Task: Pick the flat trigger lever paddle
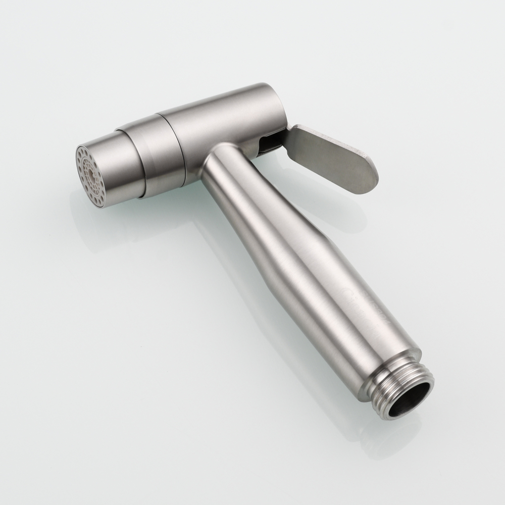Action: tap(333, 157)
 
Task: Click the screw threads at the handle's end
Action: tap(414, 384)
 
